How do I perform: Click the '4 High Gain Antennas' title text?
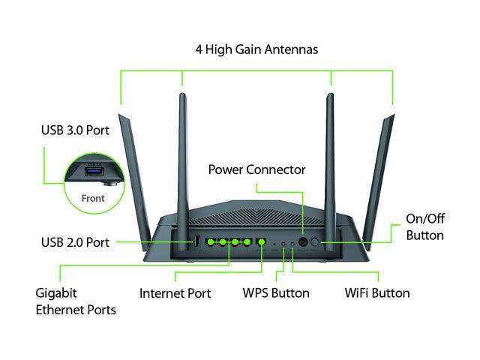[256, 49]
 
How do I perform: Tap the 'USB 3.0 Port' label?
[75, 130]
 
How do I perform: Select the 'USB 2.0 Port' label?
[75, 242]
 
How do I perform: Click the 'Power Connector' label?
[257, 169]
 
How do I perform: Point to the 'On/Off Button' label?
[424, 226]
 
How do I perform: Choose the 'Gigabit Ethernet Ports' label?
[75, 300]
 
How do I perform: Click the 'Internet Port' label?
[175, 292]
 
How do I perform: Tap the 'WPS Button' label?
[275, 292]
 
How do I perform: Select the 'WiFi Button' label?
[376, 292]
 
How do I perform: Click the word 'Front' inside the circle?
[93, 199]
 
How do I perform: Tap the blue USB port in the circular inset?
[96, 173]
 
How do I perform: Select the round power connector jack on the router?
[304, 242]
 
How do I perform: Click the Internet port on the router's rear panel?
[261, 242]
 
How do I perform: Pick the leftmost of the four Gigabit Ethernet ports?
[211, 242]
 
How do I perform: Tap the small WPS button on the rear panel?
[282, 244]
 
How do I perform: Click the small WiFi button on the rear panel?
[291, 244]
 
